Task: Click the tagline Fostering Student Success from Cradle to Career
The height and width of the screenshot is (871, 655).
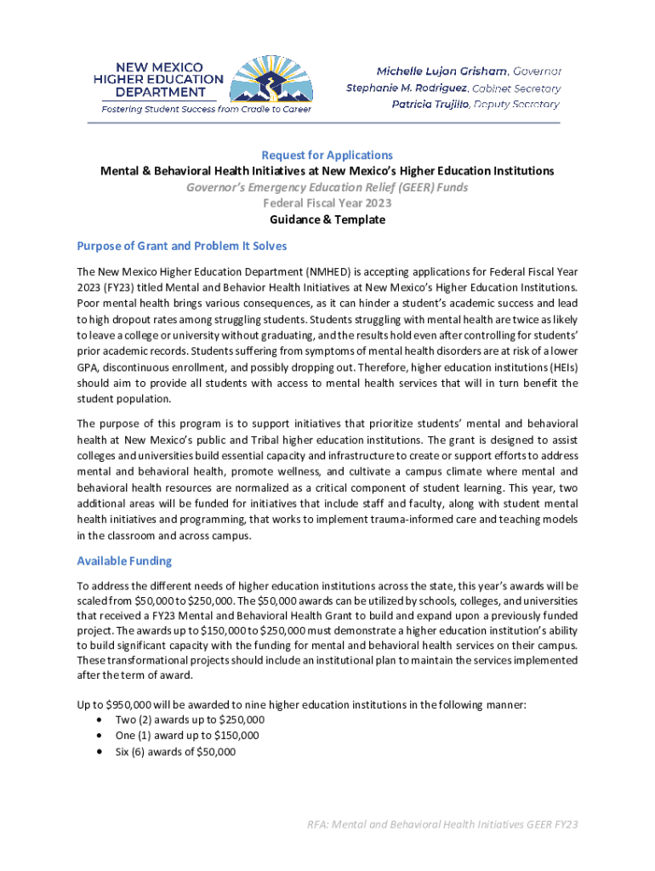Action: point(207,109)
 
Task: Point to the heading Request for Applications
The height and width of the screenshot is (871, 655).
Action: point(327,156)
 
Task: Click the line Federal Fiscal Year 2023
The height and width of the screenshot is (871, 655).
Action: point(327,203)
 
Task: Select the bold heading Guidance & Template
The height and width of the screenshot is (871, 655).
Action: point(327,219)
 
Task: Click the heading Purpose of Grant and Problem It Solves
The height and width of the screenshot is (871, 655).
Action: point(182,246)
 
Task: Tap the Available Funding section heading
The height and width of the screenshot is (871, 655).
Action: point(124,561)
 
